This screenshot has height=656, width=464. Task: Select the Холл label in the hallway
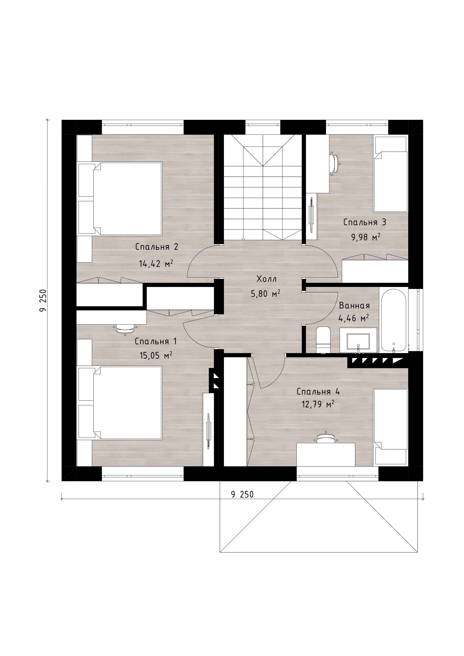(267, 279)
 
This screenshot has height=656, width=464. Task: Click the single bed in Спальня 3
(391, 174)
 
